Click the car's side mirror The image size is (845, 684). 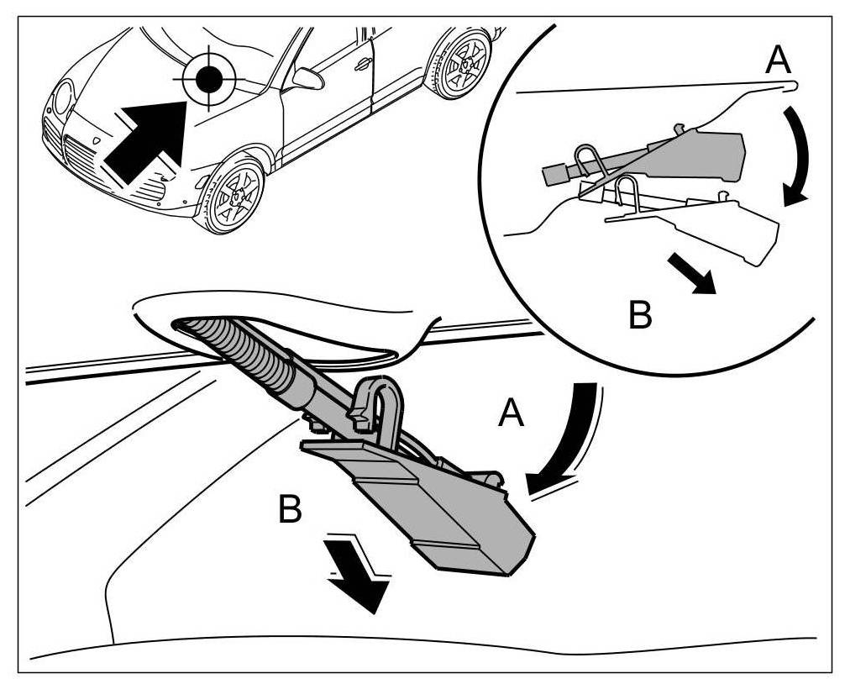click(307, 78)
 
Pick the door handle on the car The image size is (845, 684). click(363, 64)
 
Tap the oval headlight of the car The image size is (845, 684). click(62, 98)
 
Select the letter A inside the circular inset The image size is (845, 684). click(779, 61)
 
